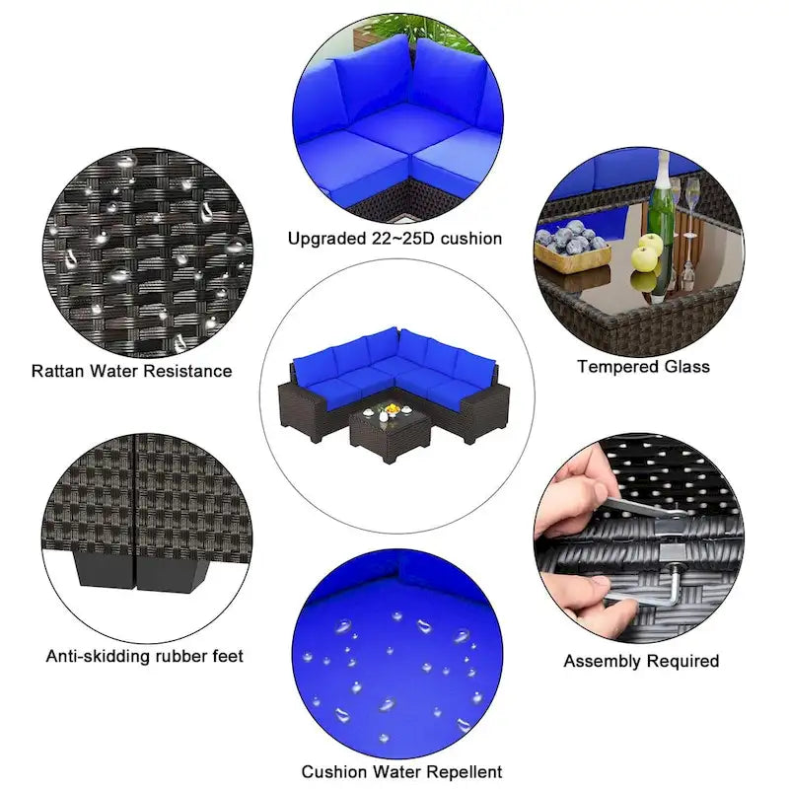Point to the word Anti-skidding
(x=98, y=656)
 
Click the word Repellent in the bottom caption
(x=462, y=771)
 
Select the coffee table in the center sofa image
(x=391, y=432)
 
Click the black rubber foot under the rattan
(x=142, y=569)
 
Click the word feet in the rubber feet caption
(x=225, y=656)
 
